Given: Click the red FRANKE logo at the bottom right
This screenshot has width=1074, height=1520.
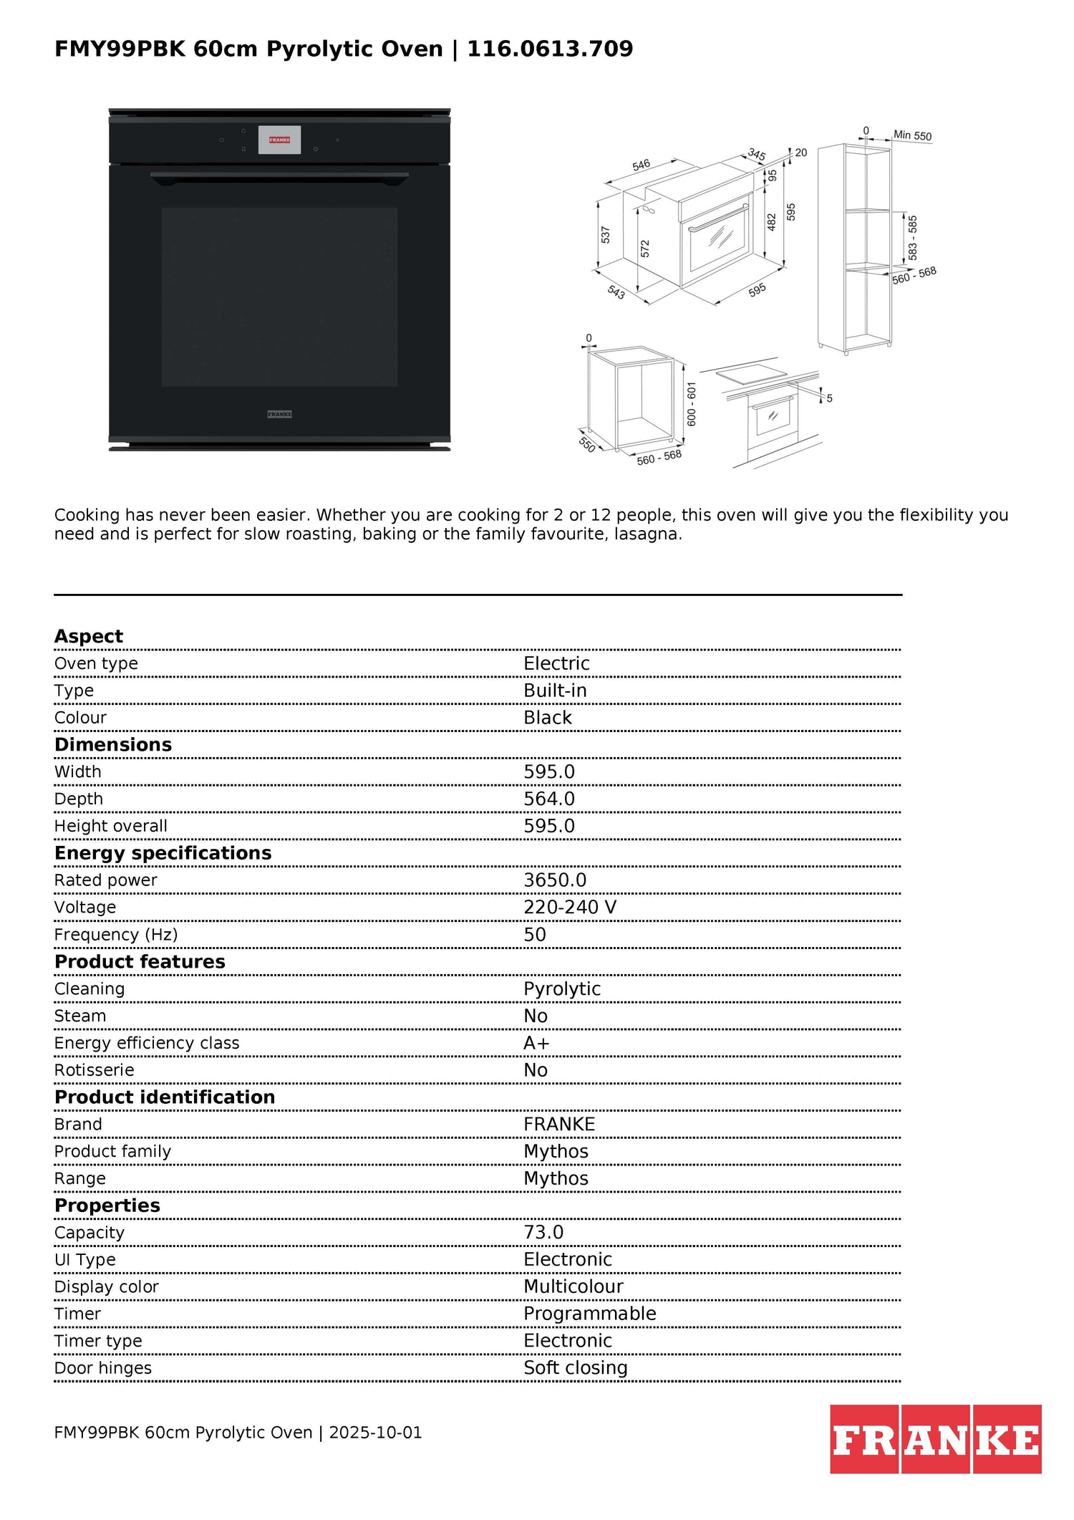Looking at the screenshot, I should tap(935, 1439).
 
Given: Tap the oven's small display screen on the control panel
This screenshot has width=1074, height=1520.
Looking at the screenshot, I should tap(279, 140).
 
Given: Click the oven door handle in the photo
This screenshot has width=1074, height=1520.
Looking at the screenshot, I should tap(279, 175).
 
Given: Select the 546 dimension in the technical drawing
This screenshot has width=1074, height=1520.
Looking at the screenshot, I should tap(641, 165).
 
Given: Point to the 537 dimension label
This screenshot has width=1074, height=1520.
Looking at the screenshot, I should tap(606, 234).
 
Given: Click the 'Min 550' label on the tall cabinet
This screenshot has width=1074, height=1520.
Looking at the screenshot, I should tap(912, 135).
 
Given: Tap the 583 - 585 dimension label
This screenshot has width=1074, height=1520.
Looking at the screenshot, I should tap(912, 238).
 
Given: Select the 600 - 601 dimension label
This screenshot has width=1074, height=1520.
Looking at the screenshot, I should tap(692, 404).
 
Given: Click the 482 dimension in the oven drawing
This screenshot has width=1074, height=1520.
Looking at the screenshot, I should tap(772, 222).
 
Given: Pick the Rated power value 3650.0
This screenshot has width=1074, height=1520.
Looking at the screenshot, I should tap(554, 880).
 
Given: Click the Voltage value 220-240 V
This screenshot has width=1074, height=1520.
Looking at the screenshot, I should tap(569, 908).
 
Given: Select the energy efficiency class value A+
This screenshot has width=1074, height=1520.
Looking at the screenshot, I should tap(536, 1043).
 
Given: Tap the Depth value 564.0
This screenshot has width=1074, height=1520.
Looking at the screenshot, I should tap(548, 799).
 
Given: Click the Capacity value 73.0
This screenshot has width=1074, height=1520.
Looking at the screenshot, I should tap(543, 1232).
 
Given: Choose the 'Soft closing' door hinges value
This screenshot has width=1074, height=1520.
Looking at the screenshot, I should tap(575, 1367).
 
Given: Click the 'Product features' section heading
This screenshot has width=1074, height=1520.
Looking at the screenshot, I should tap(140, 961).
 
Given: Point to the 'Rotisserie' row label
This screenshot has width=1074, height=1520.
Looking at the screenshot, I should tap(94, 1070).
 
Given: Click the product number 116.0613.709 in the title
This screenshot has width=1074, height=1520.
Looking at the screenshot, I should tap(550, 49).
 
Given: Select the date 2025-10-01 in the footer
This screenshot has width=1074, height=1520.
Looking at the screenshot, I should tap(375, 1433).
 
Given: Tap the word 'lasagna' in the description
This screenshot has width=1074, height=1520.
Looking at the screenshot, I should tap(647, 534).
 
